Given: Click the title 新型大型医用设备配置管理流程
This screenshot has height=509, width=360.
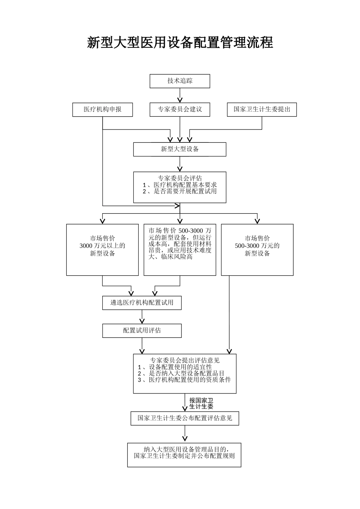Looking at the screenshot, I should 180,42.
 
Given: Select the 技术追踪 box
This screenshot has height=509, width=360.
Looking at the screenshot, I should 180,81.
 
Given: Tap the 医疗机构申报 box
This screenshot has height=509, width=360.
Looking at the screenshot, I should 102,109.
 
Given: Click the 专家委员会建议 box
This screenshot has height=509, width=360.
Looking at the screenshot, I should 180,109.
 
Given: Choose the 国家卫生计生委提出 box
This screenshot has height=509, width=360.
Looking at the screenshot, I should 261,109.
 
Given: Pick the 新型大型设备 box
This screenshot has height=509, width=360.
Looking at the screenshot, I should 180,149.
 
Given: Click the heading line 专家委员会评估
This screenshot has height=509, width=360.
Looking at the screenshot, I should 180,178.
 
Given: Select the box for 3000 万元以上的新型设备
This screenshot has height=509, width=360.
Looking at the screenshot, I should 102,249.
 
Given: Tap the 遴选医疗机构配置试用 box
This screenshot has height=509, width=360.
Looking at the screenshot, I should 142,303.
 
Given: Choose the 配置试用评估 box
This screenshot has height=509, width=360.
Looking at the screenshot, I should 142,331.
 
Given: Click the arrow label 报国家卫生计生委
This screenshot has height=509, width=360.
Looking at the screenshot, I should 201,403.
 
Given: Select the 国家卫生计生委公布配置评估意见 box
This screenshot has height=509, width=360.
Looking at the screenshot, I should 185,418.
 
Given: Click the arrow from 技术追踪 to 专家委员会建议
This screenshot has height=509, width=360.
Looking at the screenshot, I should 180,95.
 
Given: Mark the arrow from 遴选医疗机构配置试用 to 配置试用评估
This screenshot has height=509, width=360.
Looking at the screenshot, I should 142,317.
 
